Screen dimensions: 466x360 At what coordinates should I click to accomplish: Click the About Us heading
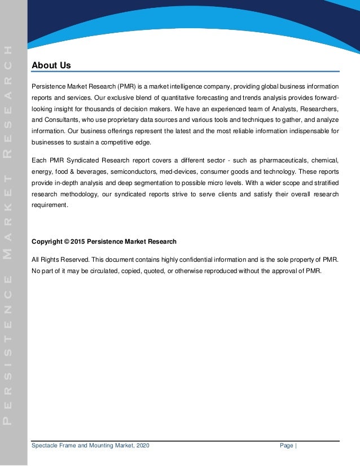click(51, 66)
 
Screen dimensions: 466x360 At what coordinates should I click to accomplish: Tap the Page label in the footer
click(287, 446)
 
